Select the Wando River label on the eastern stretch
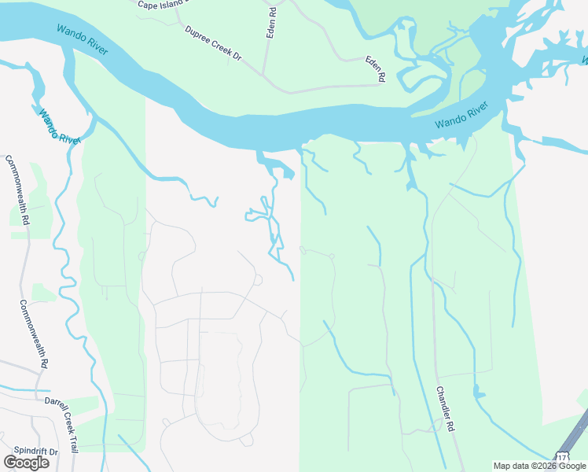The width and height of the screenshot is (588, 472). [461, 115]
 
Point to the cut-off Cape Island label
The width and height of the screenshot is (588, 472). [163, 4]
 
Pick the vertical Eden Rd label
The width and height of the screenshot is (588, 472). [272, 24]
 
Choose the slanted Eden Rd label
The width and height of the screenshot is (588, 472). [376, 68]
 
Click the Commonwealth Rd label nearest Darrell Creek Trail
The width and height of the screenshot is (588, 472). [34, 335]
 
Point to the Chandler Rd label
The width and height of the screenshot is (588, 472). [446, 407]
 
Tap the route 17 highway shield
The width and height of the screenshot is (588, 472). [561, 456]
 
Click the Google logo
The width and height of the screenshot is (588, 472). [26, 462]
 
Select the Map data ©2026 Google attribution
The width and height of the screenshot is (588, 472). [539, 466]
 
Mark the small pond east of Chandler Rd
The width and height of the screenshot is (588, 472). [476, 391]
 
